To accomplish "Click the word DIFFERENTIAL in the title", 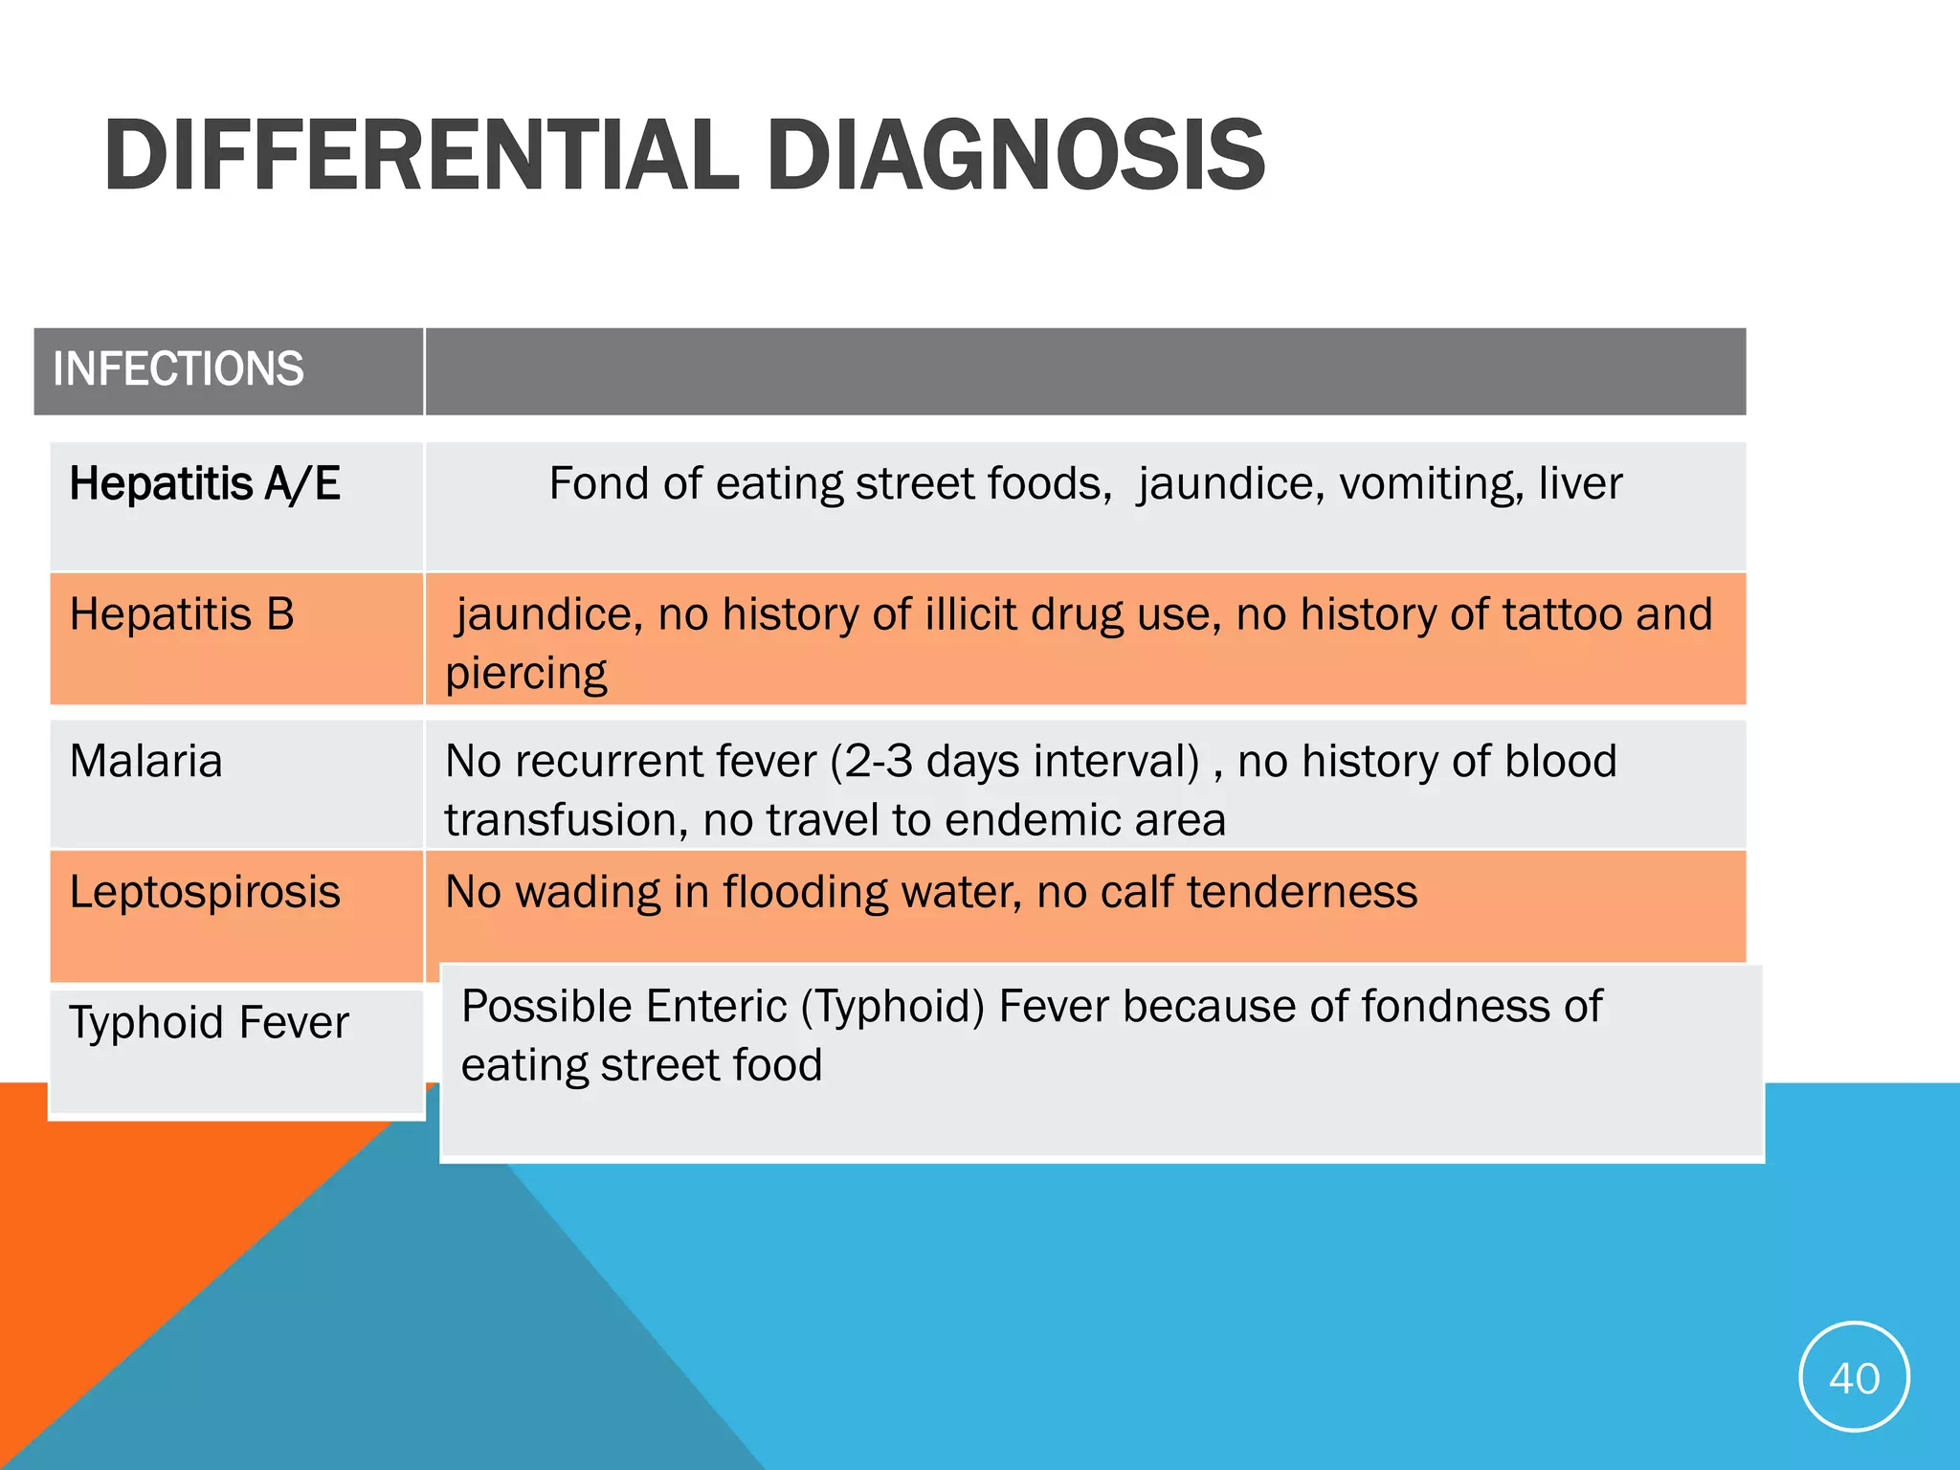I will point(421,155).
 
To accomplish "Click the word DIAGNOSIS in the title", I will point(1015,155).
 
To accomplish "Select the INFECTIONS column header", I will point(178,369).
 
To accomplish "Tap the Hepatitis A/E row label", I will point(205,483).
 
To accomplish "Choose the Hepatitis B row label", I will point(182,614).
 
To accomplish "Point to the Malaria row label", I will point(145,762).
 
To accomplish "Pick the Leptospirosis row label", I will point(205,893).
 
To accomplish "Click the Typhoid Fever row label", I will point(209,1022).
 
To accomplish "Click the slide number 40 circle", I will point(1854,1377).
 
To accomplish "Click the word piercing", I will point(525,675).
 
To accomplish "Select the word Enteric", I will point(716,1007).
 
